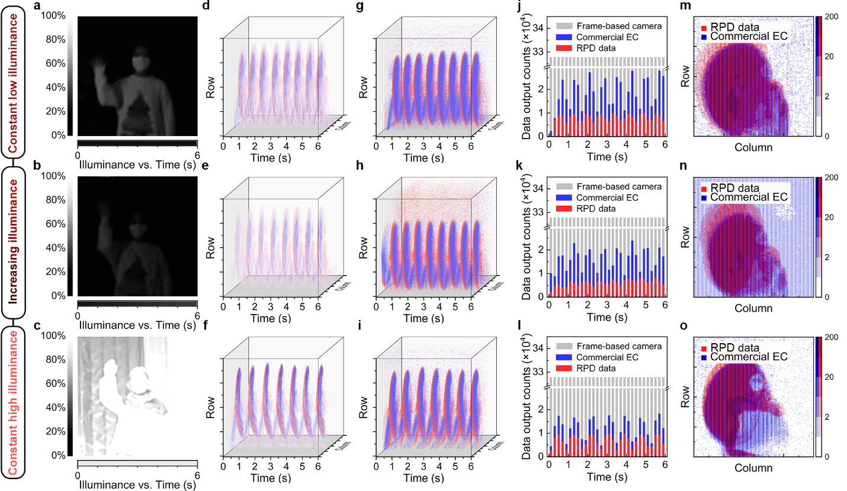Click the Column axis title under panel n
click(754, 308)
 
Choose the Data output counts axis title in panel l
click(525, 399)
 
